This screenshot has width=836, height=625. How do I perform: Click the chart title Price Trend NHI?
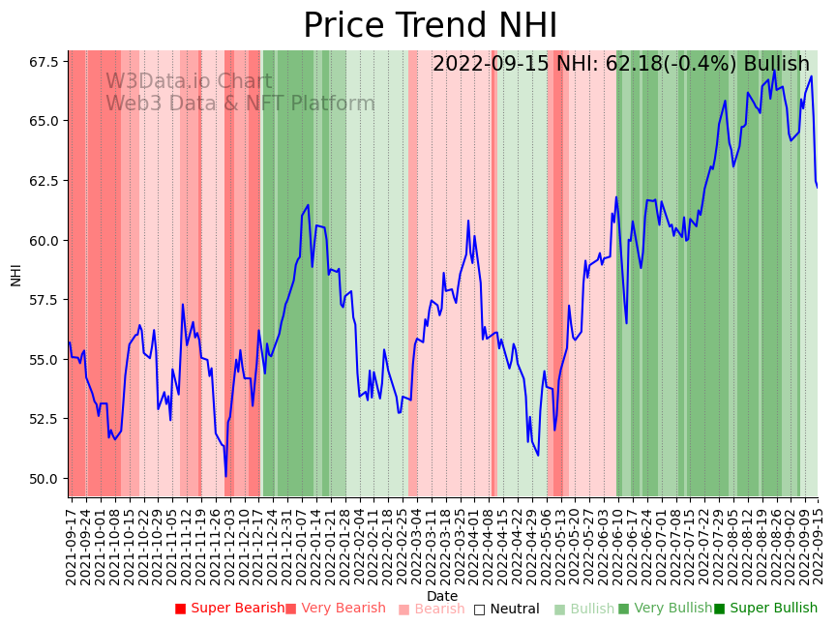pyautogui.click(x=430, y=26)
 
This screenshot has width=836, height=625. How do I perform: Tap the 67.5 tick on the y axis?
pyautogui.click(x=44, y=62)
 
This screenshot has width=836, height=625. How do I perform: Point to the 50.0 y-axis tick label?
pyautogui.click(x=44, y=479)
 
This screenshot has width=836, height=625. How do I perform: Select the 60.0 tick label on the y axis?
pyautogui.click(x=44, y=240)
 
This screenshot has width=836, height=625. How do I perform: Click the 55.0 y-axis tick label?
pyautogui.click(x=44, y=360)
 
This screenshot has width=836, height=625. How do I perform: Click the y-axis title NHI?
pyautogui.click(x=15, y=274)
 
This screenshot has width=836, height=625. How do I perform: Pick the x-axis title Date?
pyautogui.click(x=442, y=596)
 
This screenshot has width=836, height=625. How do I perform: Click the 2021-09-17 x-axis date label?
pyautogui.click(x=71, y=542)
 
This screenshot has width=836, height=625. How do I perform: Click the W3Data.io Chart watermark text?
pyautogui.click(x=189, y=82)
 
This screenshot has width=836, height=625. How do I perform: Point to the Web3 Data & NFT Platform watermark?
pyautogui.click(x=240, y=104)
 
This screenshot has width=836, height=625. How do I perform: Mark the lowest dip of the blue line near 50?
pyautogui.click(x=225, y=475)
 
